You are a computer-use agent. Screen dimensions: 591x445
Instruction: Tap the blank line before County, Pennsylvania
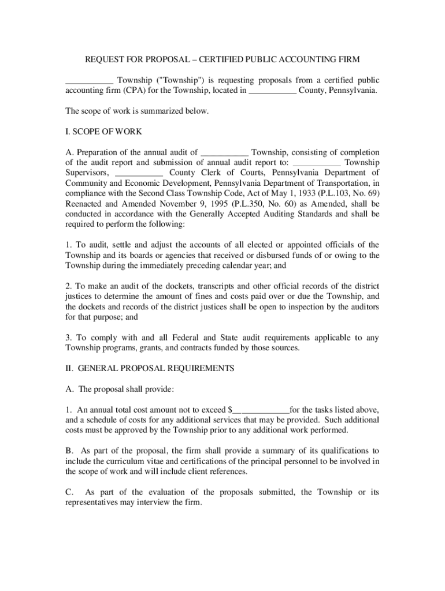coord(272,91)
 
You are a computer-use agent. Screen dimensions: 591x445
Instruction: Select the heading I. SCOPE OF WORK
coord(104,132)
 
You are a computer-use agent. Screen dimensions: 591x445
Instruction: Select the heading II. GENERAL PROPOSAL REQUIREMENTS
coord(150,368)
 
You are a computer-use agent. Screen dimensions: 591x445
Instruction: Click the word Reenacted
coord(83,203)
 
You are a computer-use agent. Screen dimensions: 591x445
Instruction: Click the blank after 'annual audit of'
coord(224,152)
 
